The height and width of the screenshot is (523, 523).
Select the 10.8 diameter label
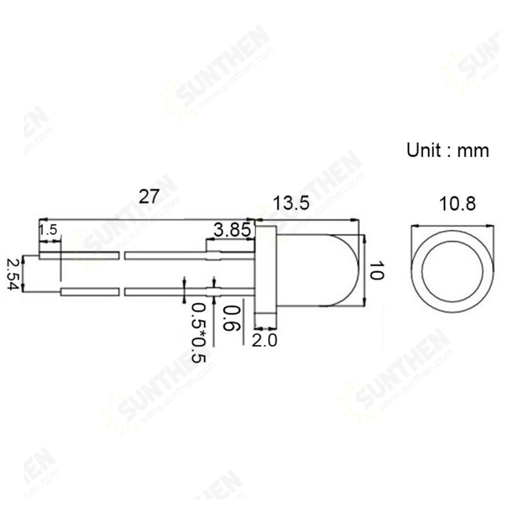click(x=457, y=204)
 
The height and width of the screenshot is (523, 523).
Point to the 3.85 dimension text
click(x=232, y=230)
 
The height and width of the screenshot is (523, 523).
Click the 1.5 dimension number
click(x=48, y=230)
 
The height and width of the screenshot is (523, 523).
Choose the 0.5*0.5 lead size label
click(x=199, y=332)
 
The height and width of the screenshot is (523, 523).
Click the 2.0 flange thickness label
click(x=264, y=340)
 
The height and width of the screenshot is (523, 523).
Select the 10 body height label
click(x=377, y=271)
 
